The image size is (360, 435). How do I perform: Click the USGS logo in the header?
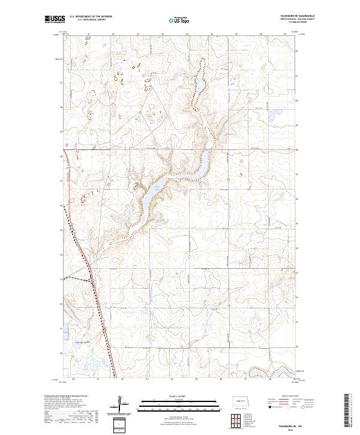coord(55,20)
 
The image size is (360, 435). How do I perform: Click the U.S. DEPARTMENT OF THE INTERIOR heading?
coord(91,17)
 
